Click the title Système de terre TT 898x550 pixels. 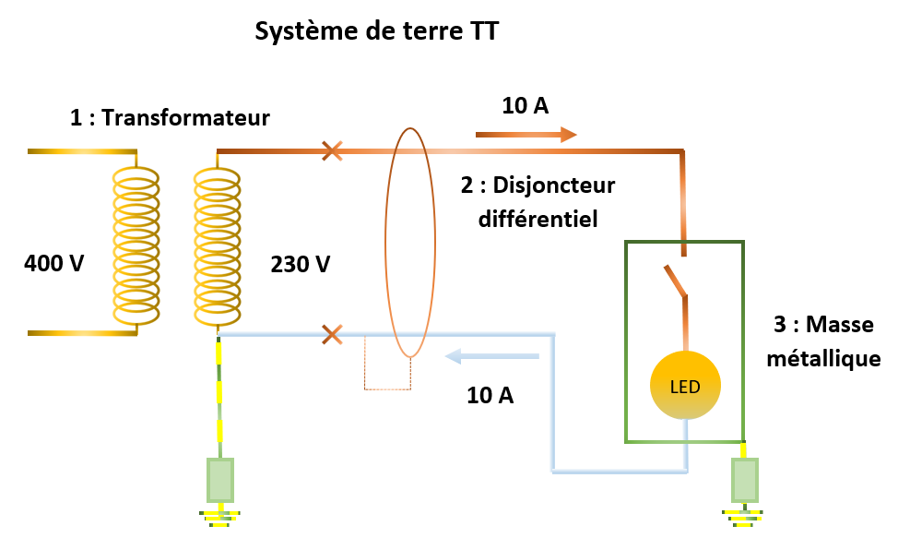tap(376, 31)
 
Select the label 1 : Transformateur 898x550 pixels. tap(170, 118)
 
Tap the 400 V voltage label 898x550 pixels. tap(53, 264)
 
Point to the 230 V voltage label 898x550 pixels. tap(301, 264)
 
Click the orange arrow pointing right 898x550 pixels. tap(526, 135)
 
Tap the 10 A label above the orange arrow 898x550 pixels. tap(526, 105)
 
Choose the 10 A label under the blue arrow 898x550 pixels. tap(490, 396)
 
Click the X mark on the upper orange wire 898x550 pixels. tap(332, 150)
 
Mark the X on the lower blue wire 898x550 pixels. tap(332, 334)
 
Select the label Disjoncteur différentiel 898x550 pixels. tap(538, 202)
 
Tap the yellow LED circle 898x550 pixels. tap(685, 386)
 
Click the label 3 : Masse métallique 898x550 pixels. tap(823, 341)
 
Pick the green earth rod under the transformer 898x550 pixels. tap(219, 480)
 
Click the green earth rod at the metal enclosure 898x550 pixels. tap(744, 480)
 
